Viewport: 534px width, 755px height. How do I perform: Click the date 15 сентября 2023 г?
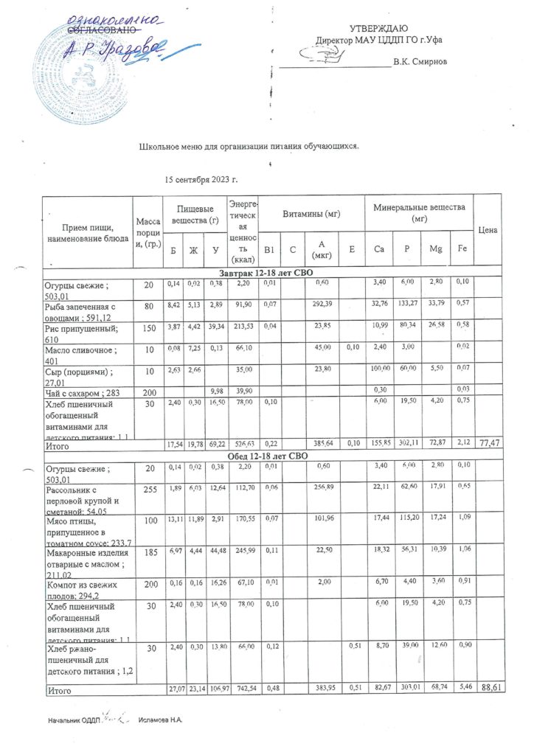[201, 179]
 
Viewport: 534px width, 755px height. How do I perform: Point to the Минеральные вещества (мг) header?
[419, 213]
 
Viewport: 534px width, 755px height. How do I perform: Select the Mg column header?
[433, 251]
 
